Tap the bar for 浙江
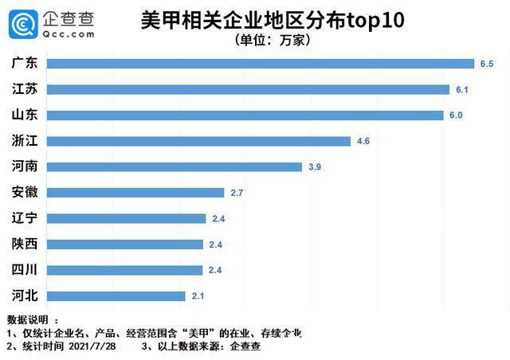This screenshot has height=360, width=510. pyautogui.click(x=199, y=141)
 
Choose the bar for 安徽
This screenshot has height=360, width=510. pyautogui.click(x=135, y=192)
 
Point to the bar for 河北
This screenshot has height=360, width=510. pyautogui.click(x=116, y=295)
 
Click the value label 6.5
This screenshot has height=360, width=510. pyautogui.click(x=487, y=64)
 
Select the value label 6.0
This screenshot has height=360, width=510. pyautogui.click(x=455, y=115)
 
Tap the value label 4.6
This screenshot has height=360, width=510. pyautogui.click(x=363, y=141)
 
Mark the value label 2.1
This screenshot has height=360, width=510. pyautogui.click(x=197, y=295)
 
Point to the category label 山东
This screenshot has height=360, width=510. pyautogui.click(x=25, y=115)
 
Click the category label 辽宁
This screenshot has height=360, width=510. pyautogui.click(x=25, y=218)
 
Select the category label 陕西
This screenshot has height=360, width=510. pyautogui.click(x=25, y=244)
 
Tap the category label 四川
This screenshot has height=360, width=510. pyautogui.click(x=25, y=269)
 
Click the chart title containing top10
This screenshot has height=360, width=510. pyautogui.click(x=272, y=20)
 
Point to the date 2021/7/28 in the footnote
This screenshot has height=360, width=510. pyautogui.click(x=97, y=346)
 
